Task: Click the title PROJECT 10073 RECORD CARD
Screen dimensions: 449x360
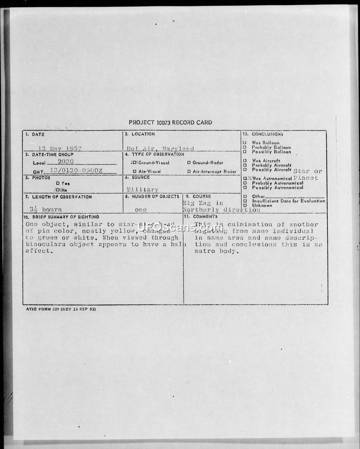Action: tap(170, 122)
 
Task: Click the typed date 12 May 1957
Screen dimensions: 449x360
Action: tap(59, 148)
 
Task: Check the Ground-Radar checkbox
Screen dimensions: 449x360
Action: tap(189, 163)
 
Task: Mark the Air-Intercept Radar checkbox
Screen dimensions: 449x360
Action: tap(189, 172)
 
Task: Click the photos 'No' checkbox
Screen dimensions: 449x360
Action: tap(58, 190)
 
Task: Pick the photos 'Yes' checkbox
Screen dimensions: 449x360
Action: tap(57, 183)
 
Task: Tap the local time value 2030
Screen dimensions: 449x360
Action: tap(66, 162)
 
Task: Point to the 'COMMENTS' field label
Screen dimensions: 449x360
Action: tap(205, 217)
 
